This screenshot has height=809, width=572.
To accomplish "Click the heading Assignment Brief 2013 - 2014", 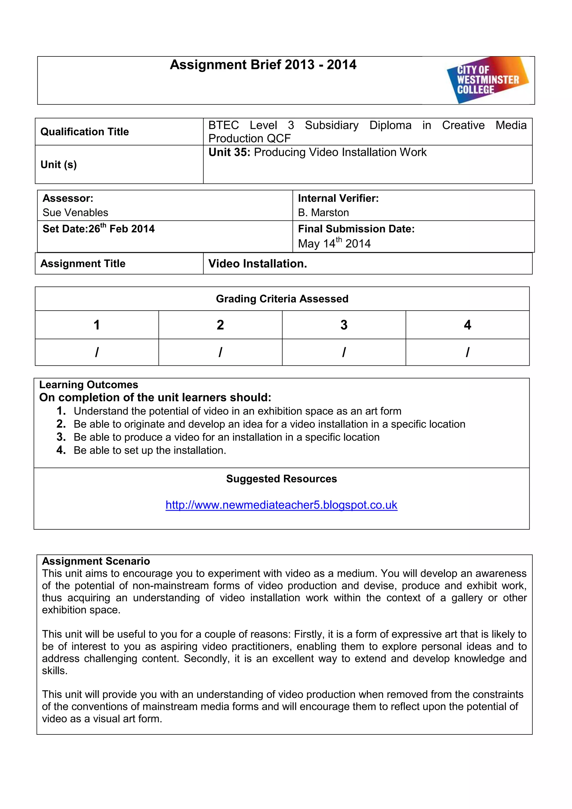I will (263, 65).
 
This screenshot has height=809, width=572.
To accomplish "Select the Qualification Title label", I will (85, 132).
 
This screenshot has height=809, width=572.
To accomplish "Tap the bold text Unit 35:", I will (229, 152).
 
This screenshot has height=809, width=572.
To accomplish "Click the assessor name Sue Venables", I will (75, 213).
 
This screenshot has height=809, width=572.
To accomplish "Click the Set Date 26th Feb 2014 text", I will (99, 229).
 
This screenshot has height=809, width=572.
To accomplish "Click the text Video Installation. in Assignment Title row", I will (258, 263).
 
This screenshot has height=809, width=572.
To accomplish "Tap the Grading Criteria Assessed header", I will (282, 299).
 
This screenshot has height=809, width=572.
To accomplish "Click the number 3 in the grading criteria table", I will (344, 325).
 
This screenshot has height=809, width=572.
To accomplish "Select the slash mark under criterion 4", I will (467, 352).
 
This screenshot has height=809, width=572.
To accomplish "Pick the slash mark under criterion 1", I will (97, 352).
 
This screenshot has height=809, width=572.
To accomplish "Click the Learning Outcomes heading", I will (89, 384).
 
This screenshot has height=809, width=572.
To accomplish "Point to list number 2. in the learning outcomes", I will (61, 424).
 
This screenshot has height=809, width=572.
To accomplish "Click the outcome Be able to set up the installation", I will (150, 450).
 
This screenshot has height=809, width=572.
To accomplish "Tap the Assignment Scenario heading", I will (96, 561).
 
